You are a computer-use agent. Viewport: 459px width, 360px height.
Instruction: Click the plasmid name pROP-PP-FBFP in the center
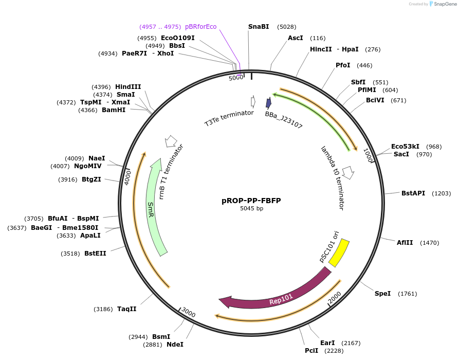click(x=251, y=201)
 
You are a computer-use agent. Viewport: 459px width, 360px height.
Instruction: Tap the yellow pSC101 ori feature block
click(x=339, y=253)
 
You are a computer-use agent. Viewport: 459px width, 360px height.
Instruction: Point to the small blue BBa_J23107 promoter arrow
click(x=268, y=103)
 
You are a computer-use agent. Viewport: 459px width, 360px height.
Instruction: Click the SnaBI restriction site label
click(x=259, y=27)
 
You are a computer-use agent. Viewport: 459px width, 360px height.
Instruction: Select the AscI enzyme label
click(x=296, y=38)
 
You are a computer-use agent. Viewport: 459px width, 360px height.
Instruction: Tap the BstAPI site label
click(x=413, y=193)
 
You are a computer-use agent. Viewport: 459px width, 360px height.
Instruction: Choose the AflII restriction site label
click(x=405, y=242)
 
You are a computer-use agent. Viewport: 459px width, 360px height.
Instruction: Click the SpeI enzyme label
click(x=382, y=294)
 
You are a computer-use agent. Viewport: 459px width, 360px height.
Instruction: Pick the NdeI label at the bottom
click(x=175, y=345)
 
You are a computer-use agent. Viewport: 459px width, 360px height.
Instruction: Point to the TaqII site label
click(x=127, y=309)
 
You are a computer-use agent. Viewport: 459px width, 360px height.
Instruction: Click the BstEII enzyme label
click(x=95, y=253)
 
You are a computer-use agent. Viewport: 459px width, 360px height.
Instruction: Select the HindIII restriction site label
click(x=128, y=87)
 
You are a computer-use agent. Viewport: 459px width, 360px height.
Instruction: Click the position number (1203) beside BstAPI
click(x=441, y=193)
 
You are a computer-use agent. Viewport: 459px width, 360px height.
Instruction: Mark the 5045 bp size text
click(x=251, y=209)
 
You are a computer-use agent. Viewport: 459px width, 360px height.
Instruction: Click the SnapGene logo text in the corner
click(x=443, y=4)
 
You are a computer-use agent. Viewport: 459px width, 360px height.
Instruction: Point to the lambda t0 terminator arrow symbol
click(x=348, y=172)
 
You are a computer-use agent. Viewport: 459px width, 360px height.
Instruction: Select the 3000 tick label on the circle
click(x=189, y=313)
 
